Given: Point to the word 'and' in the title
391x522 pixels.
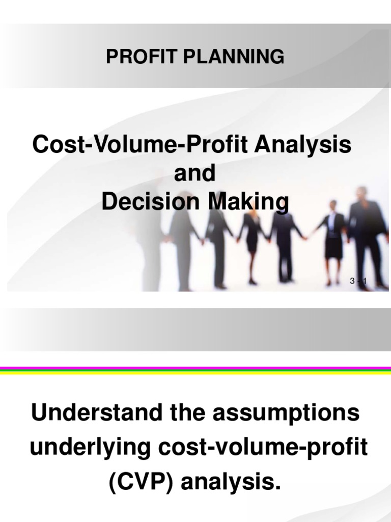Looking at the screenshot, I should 195,174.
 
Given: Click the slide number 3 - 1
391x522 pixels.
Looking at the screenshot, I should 358,282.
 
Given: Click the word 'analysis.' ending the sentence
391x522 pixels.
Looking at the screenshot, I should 233,480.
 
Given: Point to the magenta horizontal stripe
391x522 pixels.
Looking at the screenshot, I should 195,368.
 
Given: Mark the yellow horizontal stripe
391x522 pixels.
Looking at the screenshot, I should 195,373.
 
